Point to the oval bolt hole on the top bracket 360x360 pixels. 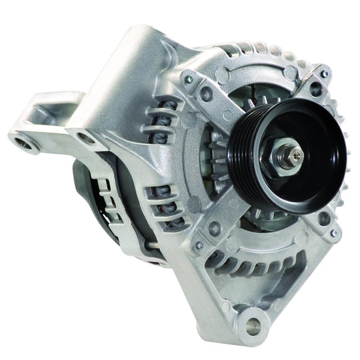click(x=86, y=139)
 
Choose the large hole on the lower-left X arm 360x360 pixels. click(x=214, y=229)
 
